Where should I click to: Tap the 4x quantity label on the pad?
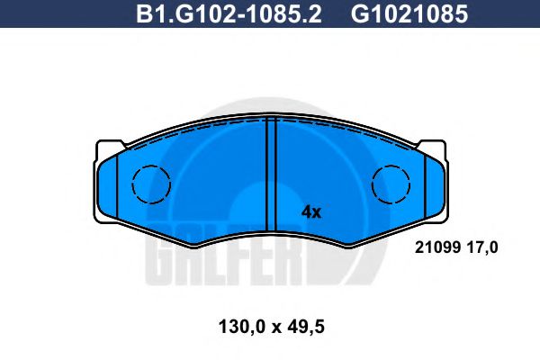(x=310, y=212)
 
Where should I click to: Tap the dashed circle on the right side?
(x=390, y=184)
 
